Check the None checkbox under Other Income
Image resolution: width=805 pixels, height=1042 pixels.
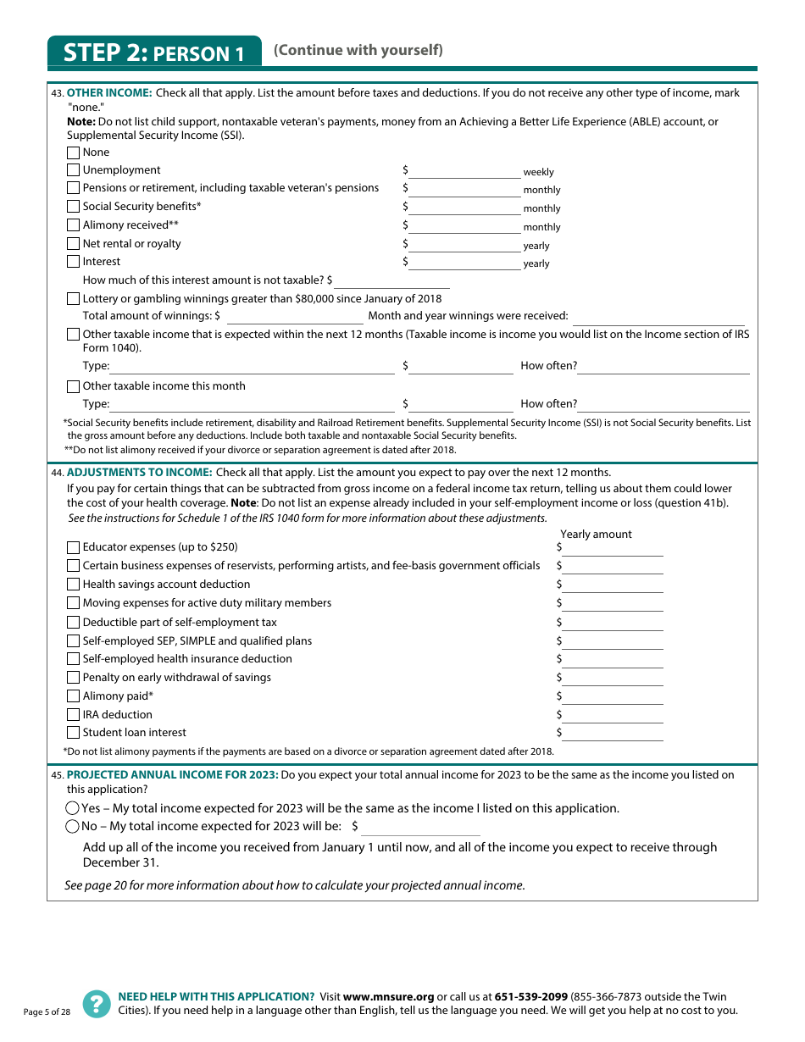click(73, 153)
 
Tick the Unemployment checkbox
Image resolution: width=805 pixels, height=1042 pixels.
click(73, 171)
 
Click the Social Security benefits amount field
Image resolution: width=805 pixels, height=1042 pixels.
click(464, 208)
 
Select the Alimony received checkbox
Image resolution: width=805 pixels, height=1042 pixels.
click(73, 226)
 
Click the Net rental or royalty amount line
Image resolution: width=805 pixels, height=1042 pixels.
click(464, 245)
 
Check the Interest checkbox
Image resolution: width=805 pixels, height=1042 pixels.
click(73, 263)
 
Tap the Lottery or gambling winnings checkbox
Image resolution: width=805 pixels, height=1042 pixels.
click(73, 299)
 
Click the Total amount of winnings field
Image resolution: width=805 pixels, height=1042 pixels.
click(295, 317)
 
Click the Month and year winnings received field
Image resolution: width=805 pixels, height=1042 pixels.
click(658, 317)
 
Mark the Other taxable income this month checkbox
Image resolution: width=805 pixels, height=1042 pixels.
click(73, 387)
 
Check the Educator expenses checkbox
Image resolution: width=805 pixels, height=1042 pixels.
click(73, 548)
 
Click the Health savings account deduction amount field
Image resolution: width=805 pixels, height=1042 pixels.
click(612, 585)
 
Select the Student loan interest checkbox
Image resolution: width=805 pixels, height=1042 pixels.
click(73, 734)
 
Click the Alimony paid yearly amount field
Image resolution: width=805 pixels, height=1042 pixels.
click(612, 697)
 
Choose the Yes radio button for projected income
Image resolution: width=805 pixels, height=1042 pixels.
click(73, 809)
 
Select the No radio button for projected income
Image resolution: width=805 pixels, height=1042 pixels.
click(73, 827)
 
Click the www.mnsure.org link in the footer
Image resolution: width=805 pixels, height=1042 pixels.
click(388, 997)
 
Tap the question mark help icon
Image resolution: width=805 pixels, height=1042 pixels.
click(97, 1004)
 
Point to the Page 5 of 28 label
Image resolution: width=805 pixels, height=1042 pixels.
click(47, 1012)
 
